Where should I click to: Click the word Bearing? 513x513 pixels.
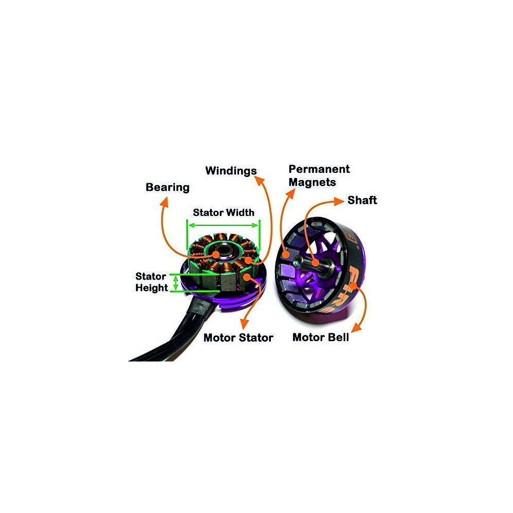click(167, 187)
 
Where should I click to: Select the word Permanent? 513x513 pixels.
click(319, 169)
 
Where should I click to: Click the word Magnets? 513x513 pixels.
click(312, 182)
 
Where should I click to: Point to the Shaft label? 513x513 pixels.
click(362, 200)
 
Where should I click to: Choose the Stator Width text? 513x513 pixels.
click(223, 212)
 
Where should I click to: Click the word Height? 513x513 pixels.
click(151, 288)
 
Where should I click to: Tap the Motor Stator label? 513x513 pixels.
click(238, 338)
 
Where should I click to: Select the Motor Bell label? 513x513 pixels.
click(321, 338)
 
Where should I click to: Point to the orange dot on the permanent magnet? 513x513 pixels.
click(285, 253)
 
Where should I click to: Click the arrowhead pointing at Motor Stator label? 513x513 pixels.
click(242, 325)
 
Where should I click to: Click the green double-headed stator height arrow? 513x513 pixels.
click(175, 282)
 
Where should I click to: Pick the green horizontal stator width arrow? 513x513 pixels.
click(223, 225)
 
